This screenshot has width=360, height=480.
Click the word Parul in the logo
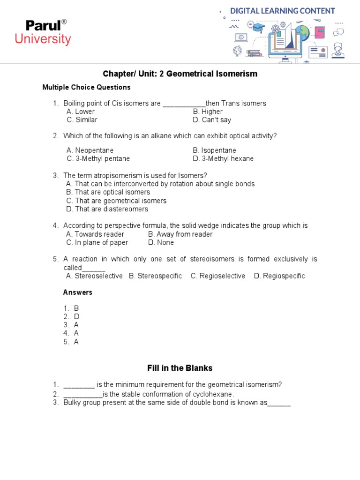tap(43, 26)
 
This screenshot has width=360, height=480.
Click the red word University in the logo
tap(43, 39)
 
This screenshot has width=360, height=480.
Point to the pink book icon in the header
tap(320, 32)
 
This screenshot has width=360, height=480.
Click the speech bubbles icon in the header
tap(338, 32)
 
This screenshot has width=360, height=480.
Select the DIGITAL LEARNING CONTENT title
tap(283, 11)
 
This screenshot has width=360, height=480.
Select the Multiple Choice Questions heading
tap(86, 87)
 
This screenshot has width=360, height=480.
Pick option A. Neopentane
tap(90, 150)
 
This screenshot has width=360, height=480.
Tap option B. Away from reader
tap(180, 234)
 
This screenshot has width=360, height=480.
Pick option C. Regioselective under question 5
tap(217, 276)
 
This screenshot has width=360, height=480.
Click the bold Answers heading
tap(78, 292)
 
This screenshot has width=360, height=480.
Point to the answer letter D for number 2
tap(77, 316)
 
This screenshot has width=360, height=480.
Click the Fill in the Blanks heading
tap(180, 368)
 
